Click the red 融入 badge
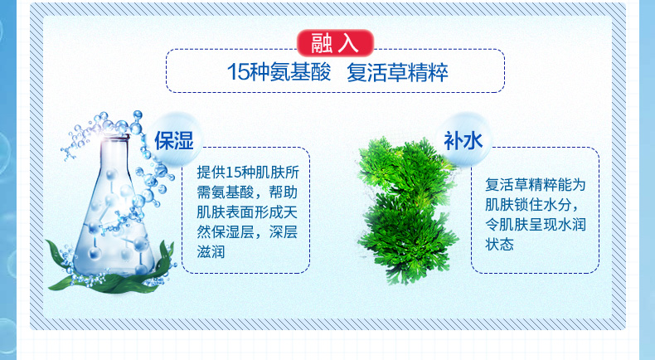tap(335, 43)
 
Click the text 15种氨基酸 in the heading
tap(279, 72)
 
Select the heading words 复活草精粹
tap(397, 72)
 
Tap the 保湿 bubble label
tap(174, 140)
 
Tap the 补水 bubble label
tap(463, 140)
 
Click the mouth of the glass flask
tap(114, 137)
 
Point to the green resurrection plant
tap(406, 210)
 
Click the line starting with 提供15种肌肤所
tap(248, 173)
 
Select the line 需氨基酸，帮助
tap(247, 192)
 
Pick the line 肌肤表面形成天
tap(247, 212)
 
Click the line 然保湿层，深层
tap(247, 232)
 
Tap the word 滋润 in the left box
tap(211, 252)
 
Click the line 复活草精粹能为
tap(536, 184)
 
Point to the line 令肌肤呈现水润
tap(536, 225)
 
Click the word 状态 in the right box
tap(499, 244)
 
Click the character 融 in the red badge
tap(321, 43)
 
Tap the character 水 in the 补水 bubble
tap(473, 140)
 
